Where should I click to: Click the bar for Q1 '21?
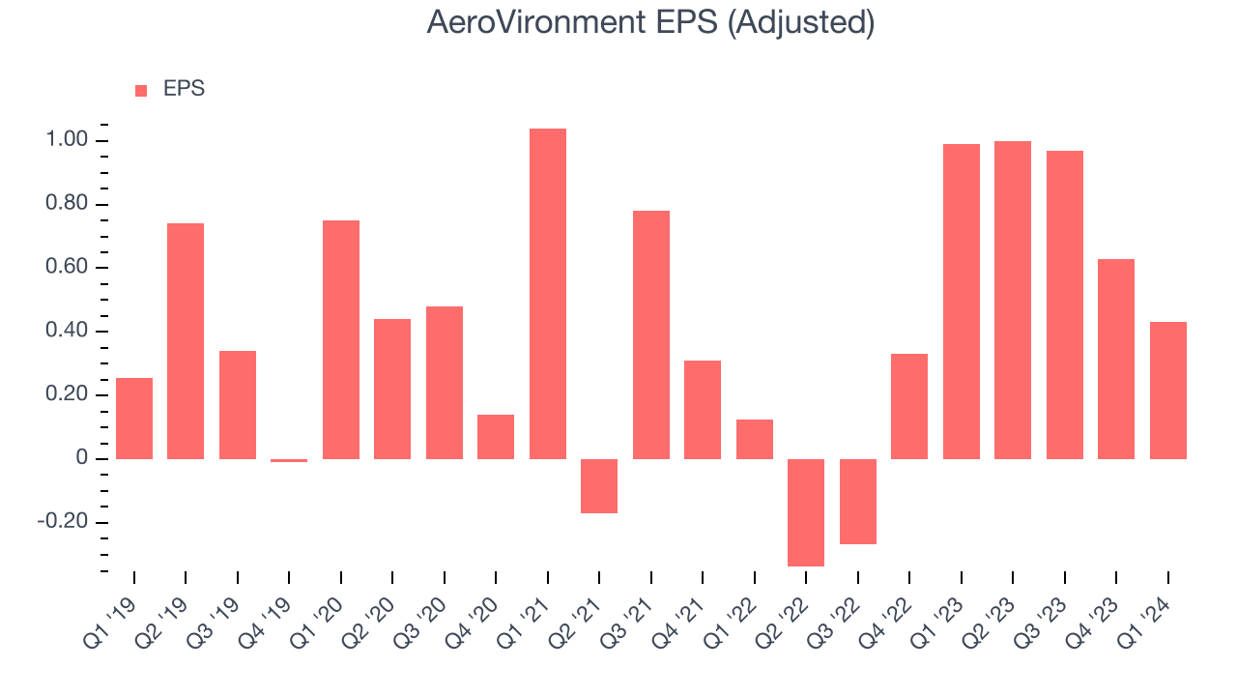[x=548, y=294]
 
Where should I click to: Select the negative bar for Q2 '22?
[x=806, y=512]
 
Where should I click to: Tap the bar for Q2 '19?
[x=186, y=341]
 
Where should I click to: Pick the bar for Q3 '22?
[x=858, y=501]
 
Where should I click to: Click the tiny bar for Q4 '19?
[x=289, y=460]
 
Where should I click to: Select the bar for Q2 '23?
[x=1013, y=300]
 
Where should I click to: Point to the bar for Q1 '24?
[x=1167, y=391]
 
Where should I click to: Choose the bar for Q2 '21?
[x=599, y=485]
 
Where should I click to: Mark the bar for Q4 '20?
[x=496, y=437]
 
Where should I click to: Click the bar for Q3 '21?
[x=651, y=334]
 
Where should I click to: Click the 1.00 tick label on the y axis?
[x=67, y=141]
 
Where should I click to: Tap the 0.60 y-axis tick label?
[x=67, y=268]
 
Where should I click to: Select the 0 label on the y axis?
[x=82, y=458]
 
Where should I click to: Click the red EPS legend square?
[x=141, y=90]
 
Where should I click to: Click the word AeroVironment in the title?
[x=536, y=23]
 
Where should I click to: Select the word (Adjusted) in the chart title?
[x=800, y=23]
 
